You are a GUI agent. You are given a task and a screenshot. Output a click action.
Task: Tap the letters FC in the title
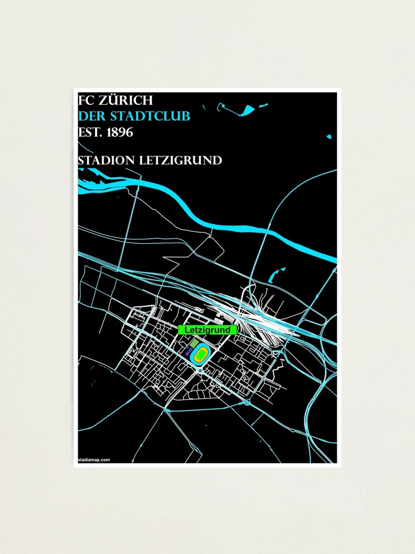tap(86, 101)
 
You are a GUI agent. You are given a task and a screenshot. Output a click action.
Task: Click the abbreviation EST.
tap(89, 133)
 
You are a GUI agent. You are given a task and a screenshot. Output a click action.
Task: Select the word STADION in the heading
tap(107, 161)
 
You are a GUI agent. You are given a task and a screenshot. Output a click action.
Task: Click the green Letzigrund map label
tap(207, 330)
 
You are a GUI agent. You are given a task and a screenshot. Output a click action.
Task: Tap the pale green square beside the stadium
tap(193, 345)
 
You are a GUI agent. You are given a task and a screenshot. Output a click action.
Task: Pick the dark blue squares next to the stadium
tap(189, 352)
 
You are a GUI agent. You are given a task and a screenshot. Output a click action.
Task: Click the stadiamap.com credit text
tap(94, 460)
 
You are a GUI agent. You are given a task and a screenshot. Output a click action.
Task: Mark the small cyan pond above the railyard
tap(273, 275)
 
